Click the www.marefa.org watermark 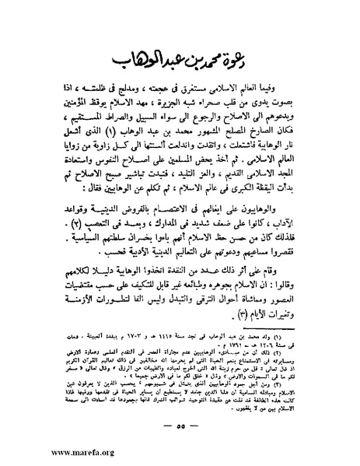[x=47, y=453]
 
